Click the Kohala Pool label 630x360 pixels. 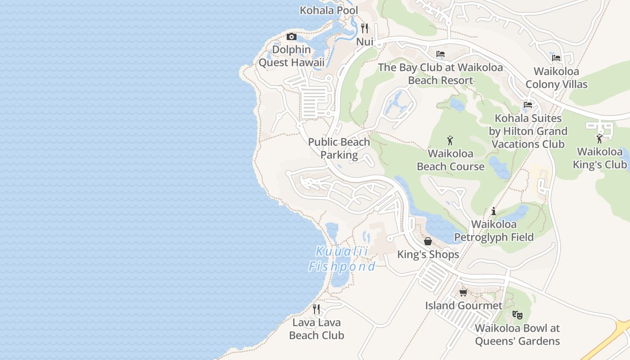[x=329, y=10]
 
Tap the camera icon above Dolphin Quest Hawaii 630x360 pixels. [x=292, y=36]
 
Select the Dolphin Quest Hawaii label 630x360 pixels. [x=292, y=56]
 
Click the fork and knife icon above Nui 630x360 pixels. [x=364, y=28]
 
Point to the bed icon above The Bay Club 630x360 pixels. [x=441, y=54]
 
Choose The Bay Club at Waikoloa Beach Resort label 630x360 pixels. [x=441, y=74]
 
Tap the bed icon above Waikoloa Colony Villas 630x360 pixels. [x=556, y=58]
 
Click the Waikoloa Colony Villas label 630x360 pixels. [x=556, y=78]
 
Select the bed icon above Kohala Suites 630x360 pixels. [x=528, y=105]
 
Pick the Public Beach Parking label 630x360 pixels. [x=339, y=148]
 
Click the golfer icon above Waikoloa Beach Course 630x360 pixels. [x=450, y=140]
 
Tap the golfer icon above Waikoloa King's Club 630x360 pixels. [x=599, y=138]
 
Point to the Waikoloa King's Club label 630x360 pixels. [x=599, y=158]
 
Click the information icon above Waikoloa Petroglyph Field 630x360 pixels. [x=494, y=211]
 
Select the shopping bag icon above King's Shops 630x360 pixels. [x=428, y=241]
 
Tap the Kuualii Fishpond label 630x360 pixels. [x=342, y=259]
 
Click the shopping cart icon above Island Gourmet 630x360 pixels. [x=463, y=292]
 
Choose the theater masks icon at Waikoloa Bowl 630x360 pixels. [x=517, y=315]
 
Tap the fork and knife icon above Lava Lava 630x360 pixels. [x=316, y=309]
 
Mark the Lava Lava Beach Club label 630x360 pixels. [x=316, y=329]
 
